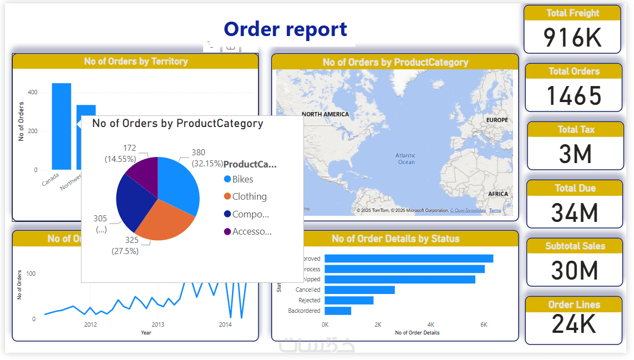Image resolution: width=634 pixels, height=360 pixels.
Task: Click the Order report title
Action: click(285, 29)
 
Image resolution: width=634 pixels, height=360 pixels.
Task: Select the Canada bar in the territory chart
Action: click(62, 126)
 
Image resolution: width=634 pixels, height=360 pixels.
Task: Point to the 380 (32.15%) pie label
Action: click(207, 158)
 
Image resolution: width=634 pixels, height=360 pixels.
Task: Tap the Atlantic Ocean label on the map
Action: click(406, 159)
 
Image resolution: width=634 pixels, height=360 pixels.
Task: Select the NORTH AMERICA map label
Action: click(326, 114)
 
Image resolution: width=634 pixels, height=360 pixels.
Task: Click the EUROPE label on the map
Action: click(496, 120)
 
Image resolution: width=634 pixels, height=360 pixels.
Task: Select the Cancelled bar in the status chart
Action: click(359, 290)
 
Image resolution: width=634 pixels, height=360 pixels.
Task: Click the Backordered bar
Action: click(338, 311)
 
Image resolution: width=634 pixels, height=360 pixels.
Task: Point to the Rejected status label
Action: click(310, 300)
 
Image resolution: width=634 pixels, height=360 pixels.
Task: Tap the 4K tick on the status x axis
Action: click(430, 324)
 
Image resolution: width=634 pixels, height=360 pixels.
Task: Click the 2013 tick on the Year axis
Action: click(158, 324)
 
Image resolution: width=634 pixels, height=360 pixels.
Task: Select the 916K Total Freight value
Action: click(572, 37)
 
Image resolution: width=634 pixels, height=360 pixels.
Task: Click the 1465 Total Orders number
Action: click(574, 96)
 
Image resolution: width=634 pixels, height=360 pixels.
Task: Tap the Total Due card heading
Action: click(575, 188)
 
